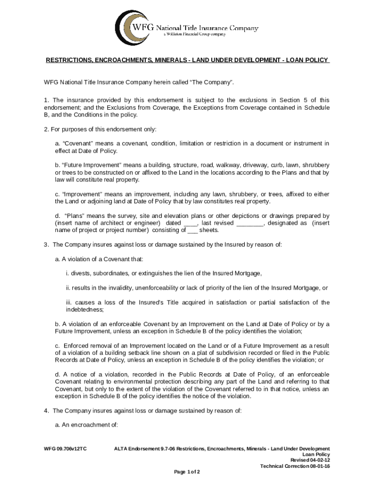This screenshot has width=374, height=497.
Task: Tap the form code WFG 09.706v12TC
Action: pos(65,448)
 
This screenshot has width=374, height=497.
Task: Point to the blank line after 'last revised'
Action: pos(250,223)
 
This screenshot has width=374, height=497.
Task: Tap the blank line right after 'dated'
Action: pos(191,223)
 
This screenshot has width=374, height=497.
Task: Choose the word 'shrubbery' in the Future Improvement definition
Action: pos(314,165)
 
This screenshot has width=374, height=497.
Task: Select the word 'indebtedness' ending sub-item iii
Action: pos(84,310)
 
